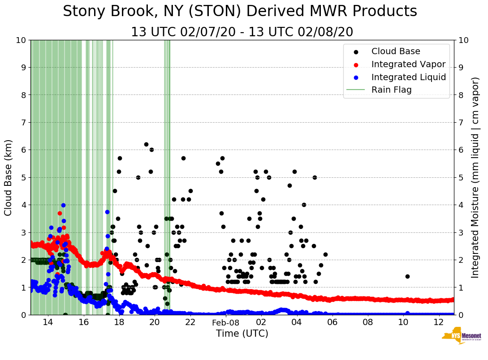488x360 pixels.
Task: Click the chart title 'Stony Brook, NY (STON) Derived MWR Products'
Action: (240, 12)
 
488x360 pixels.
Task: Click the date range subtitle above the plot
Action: (242, 32)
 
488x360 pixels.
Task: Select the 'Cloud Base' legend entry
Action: (396, 51)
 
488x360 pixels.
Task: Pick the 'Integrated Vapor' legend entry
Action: (408, 64)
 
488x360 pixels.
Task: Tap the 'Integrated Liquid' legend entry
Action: (409, 77)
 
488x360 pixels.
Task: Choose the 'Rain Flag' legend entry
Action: (391, 90)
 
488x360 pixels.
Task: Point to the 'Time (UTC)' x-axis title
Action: (242, 334)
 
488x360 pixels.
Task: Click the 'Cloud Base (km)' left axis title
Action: (9, 177)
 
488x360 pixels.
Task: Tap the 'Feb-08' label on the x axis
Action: (225, 323)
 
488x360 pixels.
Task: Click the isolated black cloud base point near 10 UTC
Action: (407, 276)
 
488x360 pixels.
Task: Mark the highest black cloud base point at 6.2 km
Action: (146, 144)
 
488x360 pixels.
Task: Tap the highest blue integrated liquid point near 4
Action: (63, 205)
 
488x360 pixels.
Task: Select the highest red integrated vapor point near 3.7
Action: (60, 213)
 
